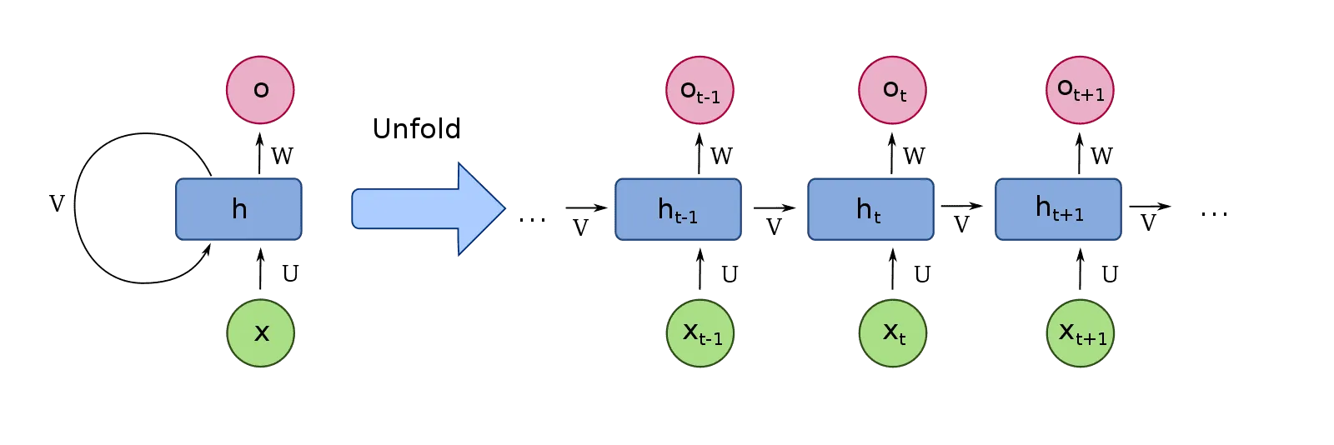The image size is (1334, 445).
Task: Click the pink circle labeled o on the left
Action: click(260, 89)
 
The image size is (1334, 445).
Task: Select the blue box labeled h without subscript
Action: click(238, 209)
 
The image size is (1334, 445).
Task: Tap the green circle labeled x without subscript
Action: click(261, 333)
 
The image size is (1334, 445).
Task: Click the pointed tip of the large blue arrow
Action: click(503, 208)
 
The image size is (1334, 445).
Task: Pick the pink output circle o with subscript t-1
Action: click(700, 90)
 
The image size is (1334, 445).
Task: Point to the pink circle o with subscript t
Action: click(893, 90)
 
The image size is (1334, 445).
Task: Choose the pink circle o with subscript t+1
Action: click(1081, 90)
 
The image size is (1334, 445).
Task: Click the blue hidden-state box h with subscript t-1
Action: click(678, 209)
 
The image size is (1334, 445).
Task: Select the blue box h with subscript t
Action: click(870, 209)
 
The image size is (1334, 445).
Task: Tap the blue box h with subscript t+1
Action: click(1058, 209)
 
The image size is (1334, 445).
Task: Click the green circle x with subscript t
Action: click(893, 333)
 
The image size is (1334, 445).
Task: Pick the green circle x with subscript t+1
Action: click(1081, 333)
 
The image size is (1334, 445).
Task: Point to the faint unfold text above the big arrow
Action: click(416, 131)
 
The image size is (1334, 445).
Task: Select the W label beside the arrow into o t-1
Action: click(722, 156)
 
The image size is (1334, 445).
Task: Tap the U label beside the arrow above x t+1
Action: click(1110, 273)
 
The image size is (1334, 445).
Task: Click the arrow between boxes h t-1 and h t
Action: click(774, 208)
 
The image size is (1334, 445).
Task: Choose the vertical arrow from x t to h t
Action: click(893, 271)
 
